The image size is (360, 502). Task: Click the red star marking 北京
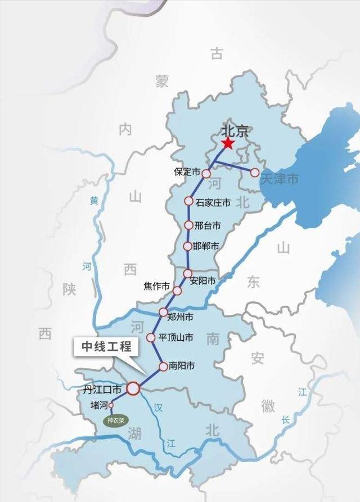pos(228,143)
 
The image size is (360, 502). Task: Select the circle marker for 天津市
pos(254,172)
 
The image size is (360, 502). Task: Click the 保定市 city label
pos(187,172)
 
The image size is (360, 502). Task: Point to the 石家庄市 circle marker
pos(189,201)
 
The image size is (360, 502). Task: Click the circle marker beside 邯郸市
pos(188,246)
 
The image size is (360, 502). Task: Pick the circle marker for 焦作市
pos(177,291)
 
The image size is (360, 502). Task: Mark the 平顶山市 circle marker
pos(151,338)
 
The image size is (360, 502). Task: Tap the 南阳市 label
pos(182,366)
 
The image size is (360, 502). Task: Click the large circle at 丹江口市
pos(133,388)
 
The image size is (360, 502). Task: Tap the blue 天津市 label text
pos(280,179)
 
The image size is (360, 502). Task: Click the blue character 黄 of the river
pos(93,201)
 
